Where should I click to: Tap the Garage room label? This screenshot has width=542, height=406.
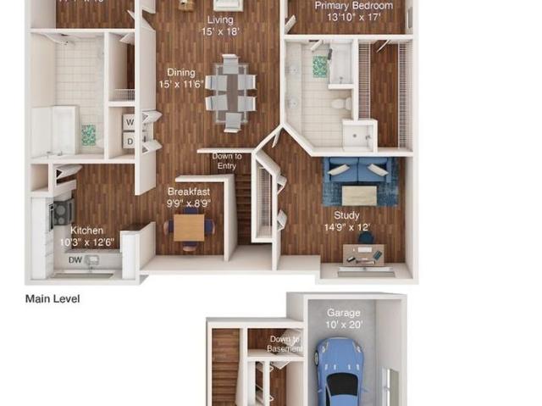pos(343,318)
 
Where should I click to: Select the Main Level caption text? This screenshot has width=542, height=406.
pos(53,298)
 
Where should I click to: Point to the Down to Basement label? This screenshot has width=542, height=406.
pos(284,343)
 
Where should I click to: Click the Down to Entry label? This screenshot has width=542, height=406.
pos(226,161)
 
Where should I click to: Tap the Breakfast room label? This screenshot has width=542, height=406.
pos(188,197)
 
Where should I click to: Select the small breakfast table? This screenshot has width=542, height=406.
pos(189,227)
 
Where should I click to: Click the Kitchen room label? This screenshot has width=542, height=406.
pos(87,236)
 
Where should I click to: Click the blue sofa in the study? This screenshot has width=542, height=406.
pos(360,170)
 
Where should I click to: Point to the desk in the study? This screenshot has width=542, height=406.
pos(363,253)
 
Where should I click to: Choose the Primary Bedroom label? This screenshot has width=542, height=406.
pos(353,10)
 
